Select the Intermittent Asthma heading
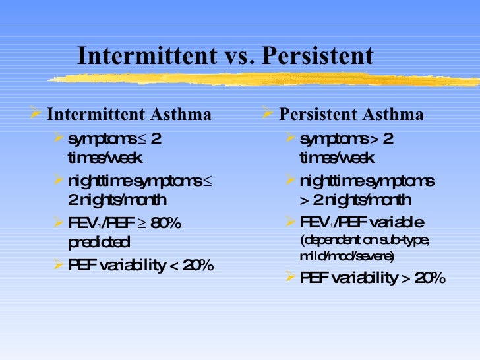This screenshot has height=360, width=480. click(129, 115)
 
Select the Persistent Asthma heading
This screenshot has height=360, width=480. click(351, 115)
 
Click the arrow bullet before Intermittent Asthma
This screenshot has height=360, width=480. click(38, 114)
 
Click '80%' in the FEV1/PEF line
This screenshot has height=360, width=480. click(165, 223)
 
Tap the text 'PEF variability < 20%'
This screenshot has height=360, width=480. click(140, 266)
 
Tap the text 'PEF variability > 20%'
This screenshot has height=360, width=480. click(373, 278)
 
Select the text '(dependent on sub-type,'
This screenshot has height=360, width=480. click(365, 239)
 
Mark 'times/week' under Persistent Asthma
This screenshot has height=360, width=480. click(336, 158)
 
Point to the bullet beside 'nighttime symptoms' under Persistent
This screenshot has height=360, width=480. click(291, 180)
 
